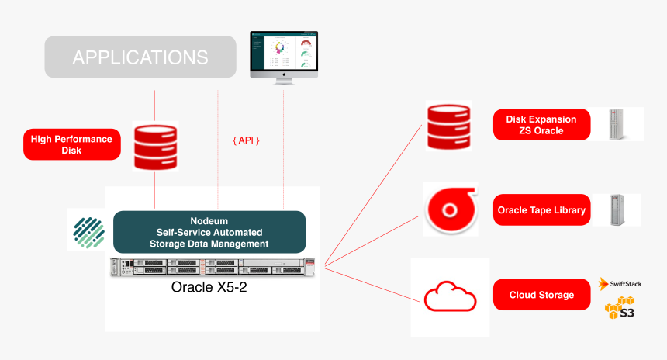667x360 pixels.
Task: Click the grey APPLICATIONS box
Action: (140, 57)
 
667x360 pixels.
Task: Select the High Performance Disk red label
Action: (71, 144)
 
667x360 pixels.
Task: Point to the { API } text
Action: (245, 140)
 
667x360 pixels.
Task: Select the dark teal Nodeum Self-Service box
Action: (209, 232)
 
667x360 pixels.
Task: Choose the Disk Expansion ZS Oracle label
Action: (541, 125)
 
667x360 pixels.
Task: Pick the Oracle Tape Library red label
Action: (541, 210)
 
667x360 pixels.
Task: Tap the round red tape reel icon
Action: (449, 210)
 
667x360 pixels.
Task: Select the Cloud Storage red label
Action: (541, 295)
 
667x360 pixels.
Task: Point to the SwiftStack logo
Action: (620, 284)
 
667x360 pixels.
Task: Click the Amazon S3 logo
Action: (620, 309)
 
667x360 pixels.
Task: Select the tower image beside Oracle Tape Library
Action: (617, 209)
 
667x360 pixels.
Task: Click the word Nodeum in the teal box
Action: (209, 220)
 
